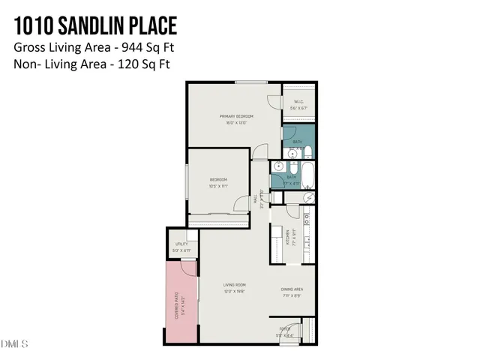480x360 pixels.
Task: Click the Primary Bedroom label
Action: (236, 116)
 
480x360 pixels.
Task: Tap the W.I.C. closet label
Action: (298, 102)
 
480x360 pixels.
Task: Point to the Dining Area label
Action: (292, 289)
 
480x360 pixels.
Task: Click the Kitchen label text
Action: (287, 237)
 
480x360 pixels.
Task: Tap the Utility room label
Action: (181, 244)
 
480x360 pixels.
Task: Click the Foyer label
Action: (285, 328)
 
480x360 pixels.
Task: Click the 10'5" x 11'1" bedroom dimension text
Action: (218, 185)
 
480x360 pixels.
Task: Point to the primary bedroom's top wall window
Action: (251, 82)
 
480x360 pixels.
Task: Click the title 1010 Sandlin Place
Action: (95, 26)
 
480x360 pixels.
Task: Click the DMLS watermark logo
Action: (14, 344)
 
